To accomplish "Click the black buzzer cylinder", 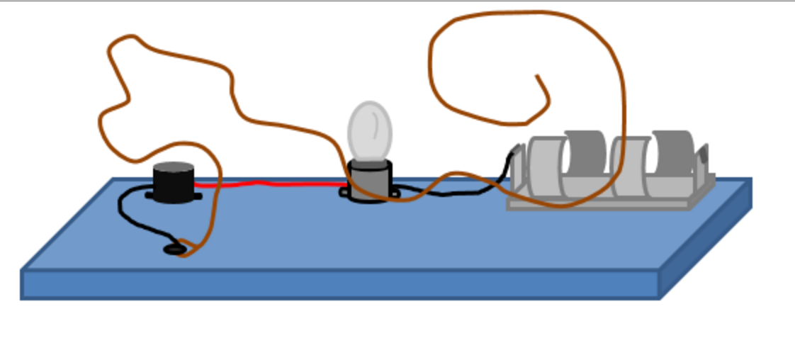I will [x=174, y=182].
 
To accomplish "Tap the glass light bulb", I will [x=370, y=132].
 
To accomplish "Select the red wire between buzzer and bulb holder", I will [x=269, y=184].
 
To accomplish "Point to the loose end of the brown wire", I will [x=538, y=77].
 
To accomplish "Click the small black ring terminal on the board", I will [x=174, y=249].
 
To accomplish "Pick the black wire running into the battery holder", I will [x=489, y=186].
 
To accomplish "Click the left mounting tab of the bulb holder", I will [x=344, y=191].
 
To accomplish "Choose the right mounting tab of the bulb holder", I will [x=394, y=191].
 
